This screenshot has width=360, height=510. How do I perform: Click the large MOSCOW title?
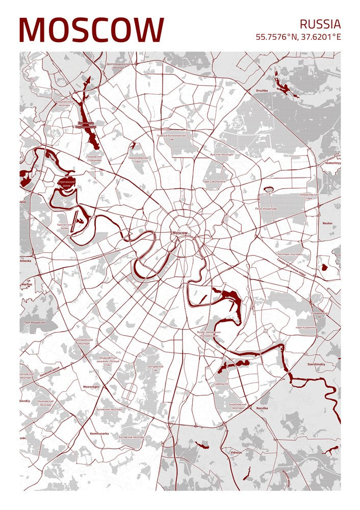92,30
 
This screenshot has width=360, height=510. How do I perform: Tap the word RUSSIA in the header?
320,24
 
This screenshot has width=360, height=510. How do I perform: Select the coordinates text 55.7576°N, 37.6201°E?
298,37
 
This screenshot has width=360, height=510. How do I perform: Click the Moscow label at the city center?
180,233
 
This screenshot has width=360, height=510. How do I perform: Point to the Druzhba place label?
262,91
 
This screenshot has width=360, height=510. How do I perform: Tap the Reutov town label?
327,223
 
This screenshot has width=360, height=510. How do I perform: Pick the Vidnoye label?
236,452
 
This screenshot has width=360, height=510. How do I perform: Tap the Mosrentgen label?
91,387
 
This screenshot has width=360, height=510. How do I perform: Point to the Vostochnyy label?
329,163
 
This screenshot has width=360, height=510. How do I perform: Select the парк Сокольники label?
214,181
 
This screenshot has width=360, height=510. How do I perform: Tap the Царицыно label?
222,383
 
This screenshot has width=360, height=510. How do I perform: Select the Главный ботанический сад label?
172,138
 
